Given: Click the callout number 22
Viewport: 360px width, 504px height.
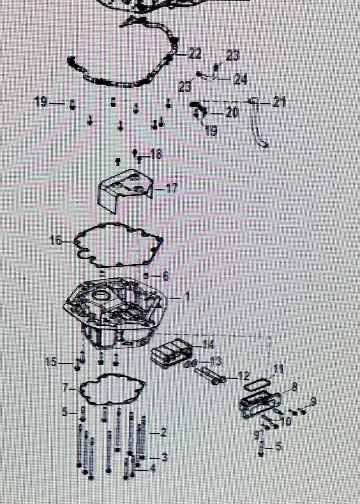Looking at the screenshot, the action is (x=195, y=54).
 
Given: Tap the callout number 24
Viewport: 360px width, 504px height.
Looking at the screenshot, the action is (x=241, y=79).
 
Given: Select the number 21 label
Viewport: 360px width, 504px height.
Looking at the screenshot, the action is (x=279, y=103).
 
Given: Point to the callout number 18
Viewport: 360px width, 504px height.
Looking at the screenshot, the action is (x=156, y=154).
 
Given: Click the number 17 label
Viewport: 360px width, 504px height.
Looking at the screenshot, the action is (x=172, y=189).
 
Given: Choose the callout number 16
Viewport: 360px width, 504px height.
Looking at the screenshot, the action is (x=56, y=240).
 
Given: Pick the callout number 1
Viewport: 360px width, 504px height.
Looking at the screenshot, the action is (x=186, y=297).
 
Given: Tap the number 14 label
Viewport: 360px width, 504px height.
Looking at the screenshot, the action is (x=209, y=345).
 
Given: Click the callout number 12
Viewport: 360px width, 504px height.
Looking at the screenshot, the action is (x=244, y=375).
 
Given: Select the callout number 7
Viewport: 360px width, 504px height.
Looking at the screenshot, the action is (x=65, y=389).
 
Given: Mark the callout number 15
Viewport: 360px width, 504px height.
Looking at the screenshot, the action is (x=51, y=362).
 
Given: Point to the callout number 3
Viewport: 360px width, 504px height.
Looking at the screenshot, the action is (x=165, y=457).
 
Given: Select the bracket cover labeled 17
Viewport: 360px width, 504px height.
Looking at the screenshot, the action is (x=125, y=190).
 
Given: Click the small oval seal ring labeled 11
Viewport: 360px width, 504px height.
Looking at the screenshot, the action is (x=257, y=385).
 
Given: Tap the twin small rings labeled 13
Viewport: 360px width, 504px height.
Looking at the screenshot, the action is (x=191, y=364).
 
